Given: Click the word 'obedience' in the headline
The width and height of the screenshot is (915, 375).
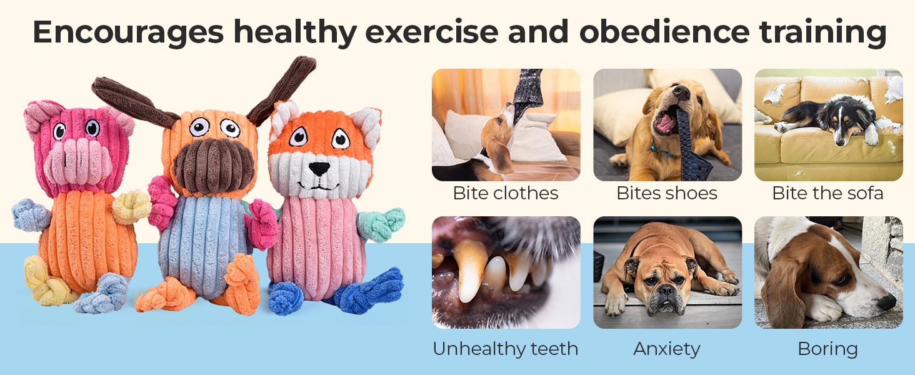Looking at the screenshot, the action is click(664, 32).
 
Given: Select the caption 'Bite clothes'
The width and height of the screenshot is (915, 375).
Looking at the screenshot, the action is click(506, 193).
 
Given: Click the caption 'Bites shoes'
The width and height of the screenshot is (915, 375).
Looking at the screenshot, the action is click(667, 193).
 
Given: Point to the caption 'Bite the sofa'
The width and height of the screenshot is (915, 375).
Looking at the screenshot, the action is click(828, 193).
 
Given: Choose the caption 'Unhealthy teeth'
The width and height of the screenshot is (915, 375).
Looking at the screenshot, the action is click(506, 349).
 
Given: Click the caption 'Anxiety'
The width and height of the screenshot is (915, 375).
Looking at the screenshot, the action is click(667, 349).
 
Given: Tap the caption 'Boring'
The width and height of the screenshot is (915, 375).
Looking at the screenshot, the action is click(828, 349).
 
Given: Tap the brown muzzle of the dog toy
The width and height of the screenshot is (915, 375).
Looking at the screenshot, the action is click(214, 166).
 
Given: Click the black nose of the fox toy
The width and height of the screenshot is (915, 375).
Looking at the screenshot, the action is click(319, 168).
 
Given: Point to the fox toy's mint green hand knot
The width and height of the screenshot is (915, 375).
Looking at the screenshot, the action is click(382, 224).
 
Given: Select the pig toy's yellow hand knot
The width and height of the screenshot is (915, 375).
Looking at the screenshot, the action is click(131, 207).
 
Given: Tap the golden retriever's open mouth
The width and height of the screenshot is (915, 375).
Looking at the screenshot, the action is click(665, 121).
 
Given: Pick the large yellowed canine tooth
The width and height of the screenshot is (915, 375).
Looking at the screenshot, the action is click(469, 269).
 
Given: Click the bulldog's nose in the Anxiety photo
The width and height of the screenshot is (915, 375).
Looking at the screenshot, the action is click(666, 291).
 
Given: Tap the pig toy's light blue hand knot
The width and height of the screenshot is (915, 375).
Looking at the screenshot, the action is click(31, 214).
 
